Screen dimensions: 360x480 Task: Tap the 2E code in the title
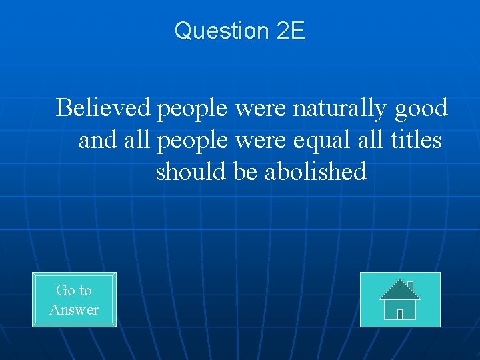coord(289,31)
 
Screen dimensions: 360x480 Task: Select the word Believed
coord(104,107)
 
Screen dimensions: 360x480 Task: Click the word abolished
coord(315,172)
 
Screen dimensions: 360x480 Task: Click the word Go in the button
coord(65,290)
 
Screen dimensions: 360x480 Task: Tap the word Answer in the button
coord(74,309)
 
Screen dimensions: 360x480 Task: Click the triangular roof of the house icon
coord(399,290)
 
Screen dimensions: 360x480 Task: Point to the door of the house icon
coord(400,314)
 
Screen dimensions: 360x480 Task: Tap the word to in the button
coord(85,290)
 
